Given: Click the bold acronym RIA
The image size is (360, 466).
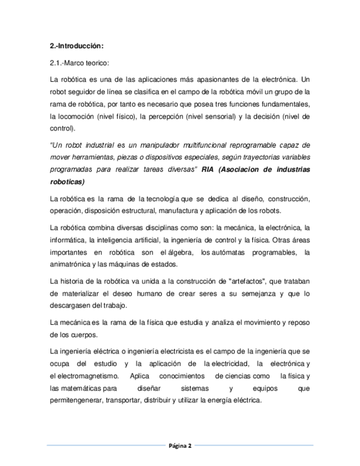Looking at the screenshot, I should pos(208,169).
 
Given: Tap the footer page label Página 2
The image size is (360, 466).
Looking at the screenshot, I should pos(180,446).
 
